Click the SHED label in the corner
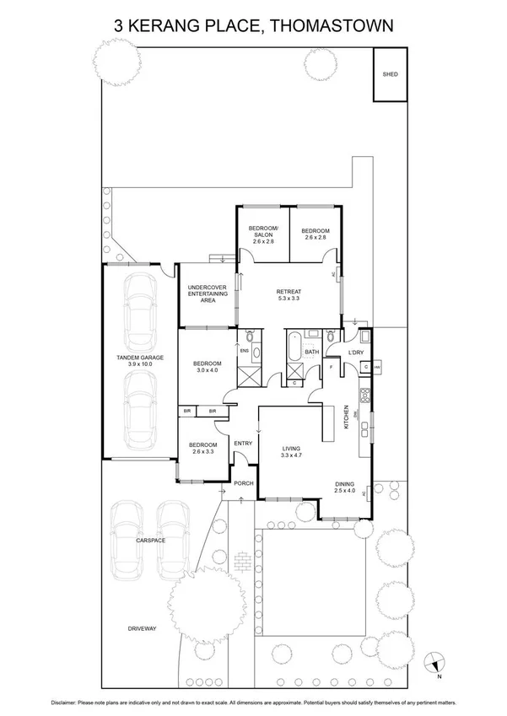tap(390, 74)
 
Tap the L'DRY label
tap(355, 353)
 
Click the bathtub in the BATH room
tap(294, 348)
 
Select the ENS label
tap(245, 351)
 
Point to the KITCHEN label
tap(347, 418)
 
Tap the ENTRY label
tap(243, 444)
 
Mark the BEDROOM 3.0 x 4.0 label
tap(207, 365)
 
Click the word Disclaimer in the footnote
tap(68, 702)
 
